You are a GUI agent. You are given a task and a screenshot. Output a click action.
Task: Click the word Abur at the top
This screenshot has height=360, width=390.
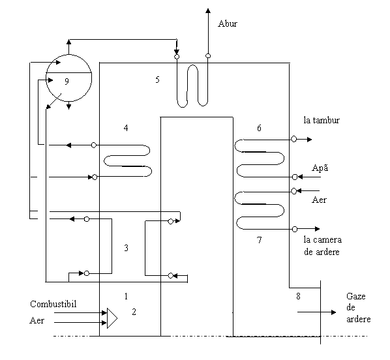228,23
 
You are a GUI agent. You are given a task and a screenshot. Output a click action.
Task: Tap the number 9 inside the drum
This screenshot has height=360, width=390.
67,82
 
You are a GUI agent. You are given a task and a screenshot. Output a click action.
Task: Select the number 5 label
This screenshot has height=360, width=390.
157,80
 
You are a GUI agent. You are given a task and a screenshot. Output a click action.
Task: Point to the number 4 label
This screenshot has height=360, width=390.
126,128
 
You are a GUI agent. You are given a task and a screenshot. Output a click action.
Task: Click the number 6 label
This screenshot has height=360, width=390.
259,128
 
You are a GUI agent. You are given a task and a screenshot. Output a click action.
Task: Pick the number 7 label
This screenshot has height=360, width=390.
259,240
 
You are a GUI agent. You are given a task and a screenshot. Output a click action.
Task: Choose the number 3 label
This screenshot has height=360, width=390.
126,248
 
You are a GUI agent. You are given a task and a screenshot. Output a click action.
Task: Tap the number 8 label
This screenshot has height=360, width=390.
298,296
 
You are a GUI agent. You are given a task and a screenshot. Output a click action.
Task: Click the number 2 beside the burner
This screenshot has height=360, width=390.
134,312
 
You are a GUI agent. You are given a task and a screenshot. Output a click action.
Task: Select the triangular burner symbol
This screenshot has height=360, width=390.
112,318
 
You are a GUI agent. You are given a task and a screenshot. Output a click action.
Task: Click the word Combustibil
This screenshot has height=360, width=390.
53,304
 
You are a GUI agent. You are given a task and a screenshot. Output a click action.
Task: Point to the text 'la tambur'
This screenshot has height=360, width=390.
322,120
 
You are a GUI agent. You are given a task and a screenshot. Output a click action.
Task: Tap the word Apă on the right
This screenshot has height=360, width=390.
320,168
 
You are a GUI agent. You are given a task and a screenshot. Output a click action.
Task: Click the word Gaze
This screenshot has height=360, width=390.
355,296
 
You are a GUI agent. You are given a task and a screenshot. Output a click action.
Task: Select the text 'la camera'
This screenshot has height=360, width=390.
323,240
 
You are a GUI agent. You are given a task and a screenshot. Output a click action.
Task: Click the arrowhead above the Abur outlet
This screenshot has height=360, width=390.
208,10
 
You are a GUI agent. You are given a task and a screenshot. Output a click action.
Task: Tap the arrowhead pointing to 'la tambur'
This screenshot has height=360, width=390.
309,140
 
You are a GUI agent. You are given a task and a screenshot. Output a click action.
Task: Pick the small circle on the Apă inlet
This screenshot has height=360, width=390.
295,177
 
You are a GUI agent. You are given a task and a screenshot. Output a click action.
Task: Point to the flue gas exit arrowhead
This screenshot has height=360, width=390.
333,312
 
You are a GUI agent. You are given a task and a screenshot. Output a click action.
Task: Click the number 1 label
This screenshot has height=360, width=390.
126,296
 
